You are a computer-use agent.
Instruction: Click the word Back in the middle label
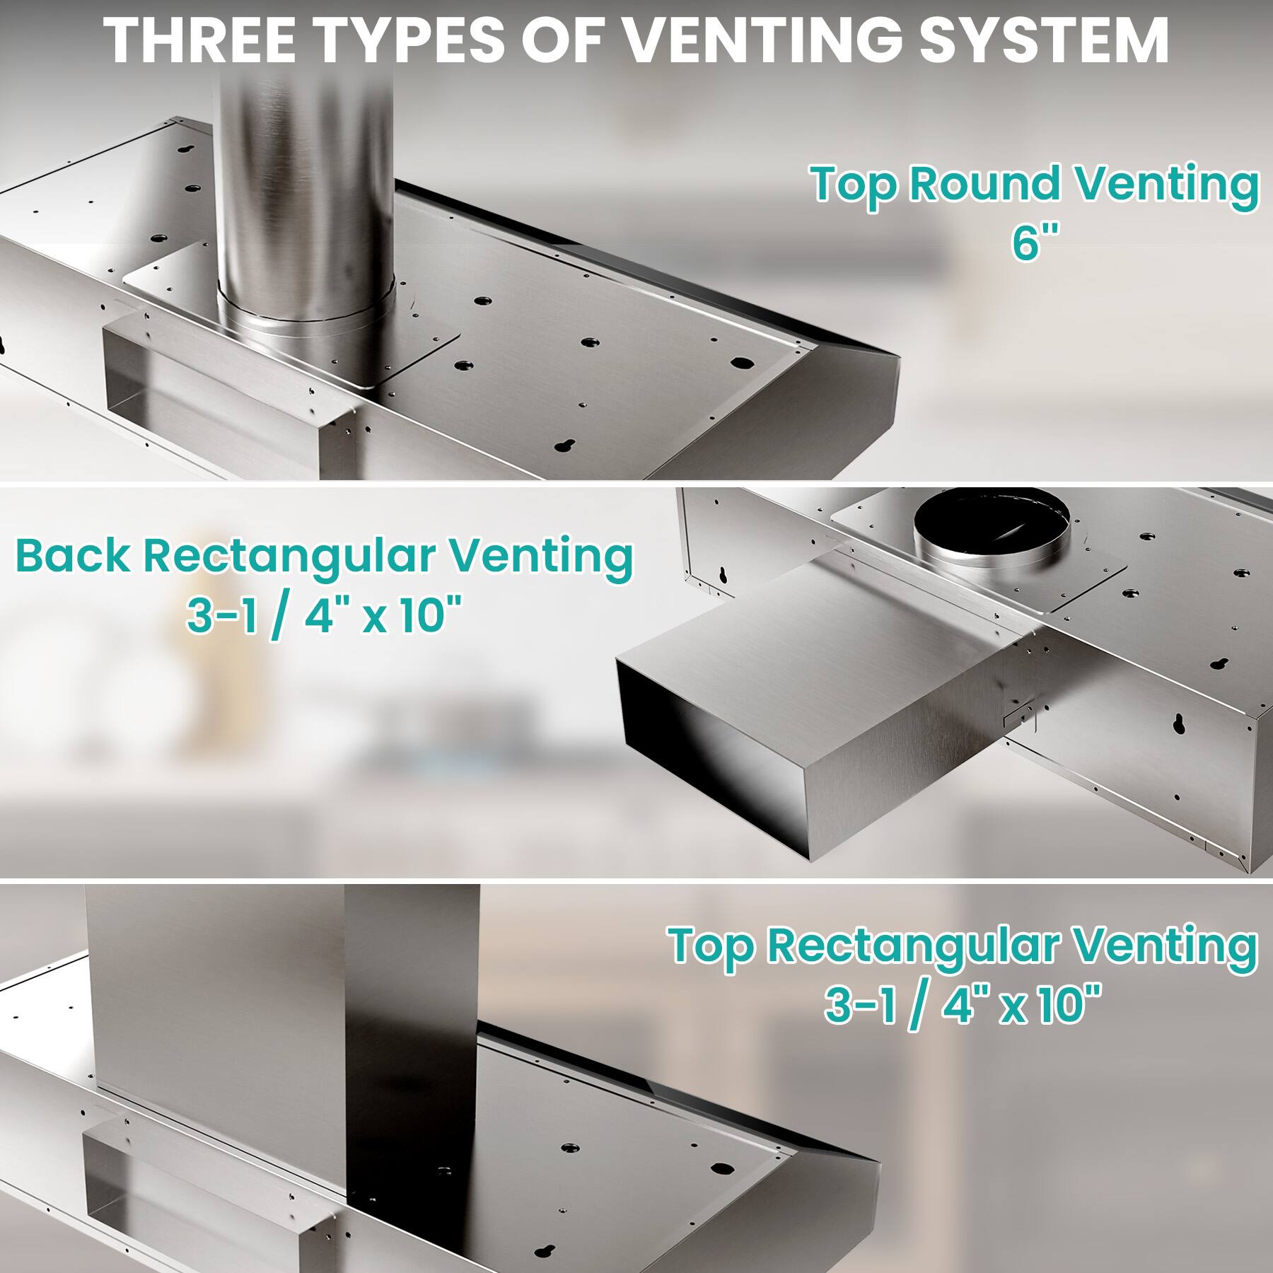tap(72, 556)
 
